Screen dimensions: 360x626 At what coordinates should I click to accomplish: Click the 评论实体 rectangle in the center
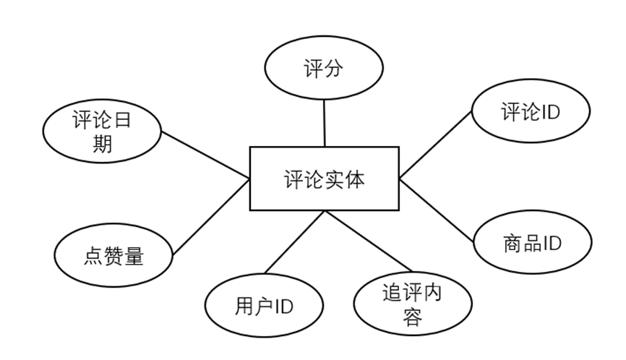[324, 179]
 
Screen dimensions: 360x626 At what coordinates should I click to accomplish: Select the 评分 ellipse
[322, 70]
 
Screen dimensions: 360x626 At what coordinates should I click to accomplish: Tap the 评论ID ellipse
[531, 112]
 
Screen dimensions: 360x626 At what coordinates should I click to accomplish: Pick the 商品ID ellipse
[532, 243]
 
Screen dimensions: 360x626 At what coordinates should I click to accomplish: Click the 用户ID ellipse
[264, 307]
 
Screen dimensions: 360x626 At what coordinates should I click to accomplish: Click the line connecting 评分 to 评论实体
[324, 123]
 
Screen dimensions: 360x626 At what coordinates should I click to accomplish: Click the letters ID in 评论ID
[551, 112]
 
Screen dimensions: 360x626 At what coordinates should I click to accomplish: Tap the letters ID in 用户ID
[283, 307]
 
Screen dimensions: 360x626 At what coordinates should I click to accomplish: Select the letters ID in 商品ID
[552, 243]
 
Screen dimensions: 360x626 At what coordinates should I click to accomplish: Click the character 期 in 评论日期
[103, 144]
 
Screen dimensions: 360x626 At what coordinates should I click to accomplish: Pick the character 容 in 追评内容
[411, 317]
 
